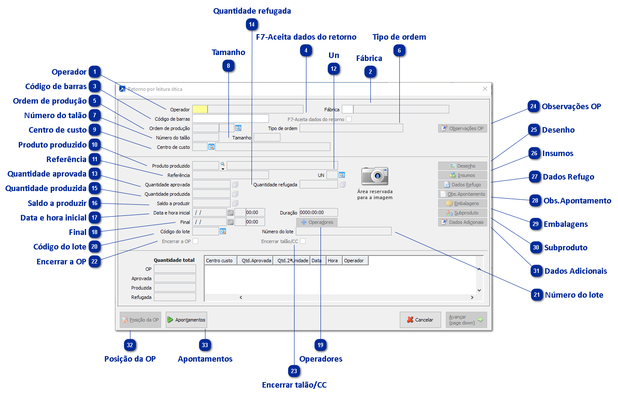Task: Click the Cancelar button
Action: point(420,320)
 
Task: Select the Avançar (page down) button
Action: point(466,320)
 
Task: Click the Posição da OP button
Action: point(140,320)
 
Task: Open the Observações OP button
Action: point(462,128)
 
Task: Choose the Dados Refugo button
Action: point(462,185)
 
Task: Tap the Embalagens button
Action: point(462,203)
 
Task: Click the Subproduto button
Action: point(462,213)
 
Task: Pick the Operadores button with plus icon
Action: point(317,222)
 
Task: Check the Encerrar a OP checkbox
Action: point(196,241)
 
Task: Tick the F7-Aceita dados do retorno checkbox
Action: point(349,119)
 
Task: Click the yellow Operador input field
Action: point(200,110)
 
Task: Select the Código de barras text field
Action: point(230,119)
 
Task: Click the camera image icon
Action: point(375,176)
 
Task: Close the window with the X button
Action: point(485,89)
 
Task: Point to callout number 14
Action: point(252,25)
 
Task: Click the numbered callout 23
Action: point(294,371)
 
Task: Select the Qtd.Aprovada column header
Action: point(256,261)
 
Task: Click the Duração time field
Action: point(318,212)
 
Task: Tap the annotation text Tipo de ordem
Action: point(399,37)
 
